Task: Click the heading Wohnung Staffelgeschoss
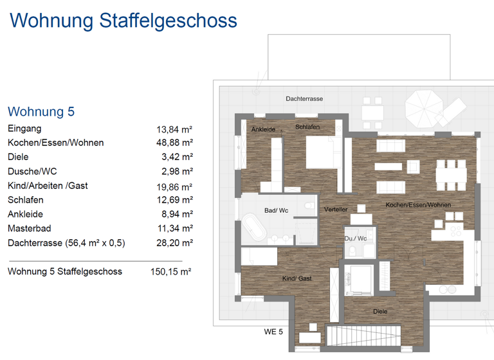[123, 21]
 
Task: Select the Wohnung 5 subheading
[41, 111]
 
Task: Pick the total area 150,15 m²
[171, 272]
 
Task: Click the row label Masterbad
[29, 228]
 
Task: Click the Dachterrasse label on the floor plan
[304, 98]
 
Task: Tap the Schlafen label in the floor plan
[307, 127]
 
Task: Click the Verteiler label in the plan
[336, 210]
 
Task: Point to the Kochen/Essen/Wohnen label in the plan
[418, 205]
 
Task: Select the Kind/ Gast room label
[297, 278]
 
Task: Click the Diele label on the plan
[380, 312]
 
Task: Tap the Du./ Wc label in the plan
[355, 239]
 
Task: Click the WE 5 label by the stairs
[273, 332]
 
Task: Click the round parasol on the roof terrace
[423, 102]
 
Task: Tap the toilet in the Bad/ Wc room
[310, 206]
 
